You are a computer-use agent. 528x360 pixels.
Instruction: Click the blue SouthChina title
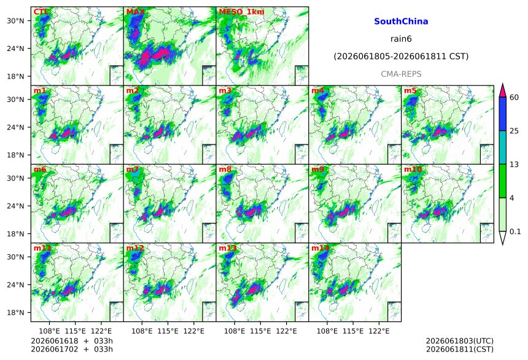[x=401, y=22]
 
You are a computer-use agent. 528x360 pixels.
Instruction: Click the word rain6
[x=401, y=39]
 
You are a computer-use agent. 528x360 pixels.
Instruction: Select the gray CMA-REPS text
[x=401, y=74]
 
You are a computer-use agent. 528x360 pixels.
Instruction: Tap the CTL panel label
[x=41, y=12]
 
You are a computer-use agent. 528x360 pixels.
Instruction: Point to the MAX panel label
[x=135, y=12]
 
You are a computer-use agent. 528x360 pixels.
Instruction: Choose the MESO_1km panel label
[x=241, y=12]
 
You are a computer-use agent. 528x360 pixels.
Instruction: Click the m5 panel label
[x=410, y=91]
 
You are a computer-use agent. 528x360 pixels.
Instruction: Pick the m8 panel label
[x=225, y=170]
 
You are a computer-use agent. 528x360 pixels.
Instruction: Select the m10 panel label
[x=413, y=170]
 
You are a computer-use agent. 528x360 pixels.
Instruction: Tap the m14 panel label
[x=320, y=248]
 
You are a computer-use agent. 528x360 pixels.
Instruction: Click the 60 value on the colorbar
[x=514, y=98]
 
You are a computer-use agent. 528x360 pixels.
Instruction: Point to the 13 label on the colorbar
[x=514, y=165]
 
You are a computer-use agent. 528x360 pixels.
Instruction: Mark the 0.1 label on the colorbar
[x=515, y=232]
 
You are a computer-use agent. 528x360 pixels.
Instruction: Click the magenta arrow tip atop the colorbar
[x=502, y=84]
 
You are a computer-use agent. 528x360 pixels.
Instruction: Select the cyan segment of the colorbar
[x=502, y=147]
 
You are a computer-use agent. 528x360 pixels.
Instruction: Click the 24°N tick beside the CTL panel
[x=15, y=49]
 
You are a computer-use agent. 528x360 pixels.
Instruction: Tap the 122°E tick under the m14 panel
[x=379, y=331]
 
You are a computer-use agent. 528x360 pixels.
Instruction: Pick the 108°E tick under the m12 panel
[x=141, y=331]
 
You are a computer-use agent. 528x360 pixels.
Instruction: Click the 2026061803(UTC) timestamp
[x=460, y=341]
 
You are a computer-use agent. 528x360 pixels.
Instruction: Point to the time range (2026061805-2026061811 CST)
[x=401, y=57]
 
